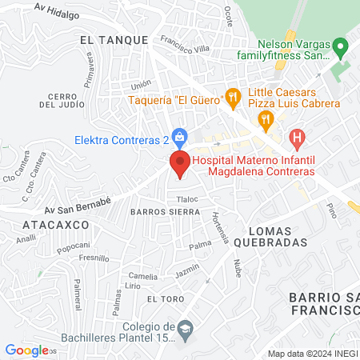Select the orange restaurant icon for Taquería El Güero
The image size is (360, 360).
(x=233, y=99)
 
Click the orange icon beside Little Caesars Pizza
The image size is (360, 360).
(x=266, y=121)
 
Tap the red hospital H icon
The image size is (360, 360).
(x=298, y=139)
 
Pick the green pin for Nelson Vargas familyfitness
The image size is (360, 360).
(x=341, y=49)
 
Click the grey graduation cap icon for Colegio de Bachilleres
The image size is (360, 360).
(x=185, y=329)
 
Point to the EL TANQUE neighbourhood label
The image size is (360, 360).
(x=114, y=38)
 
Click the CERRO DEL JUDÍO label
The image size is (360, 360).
(x=62, y=100)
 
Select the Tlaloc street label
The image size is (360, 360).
(x=187, y=199)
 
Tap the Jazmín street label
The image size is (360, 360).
(x=186, y=272)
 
